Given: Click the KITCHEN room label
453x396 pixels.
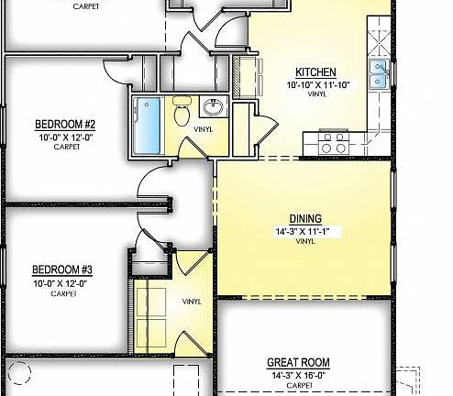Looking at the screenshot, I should (x=315, y=73).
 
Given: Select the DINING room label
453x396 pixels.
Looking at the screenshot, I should (x=304, y=218).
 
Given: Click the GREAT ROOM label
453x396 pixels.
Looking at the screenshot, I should (x=297, y=362).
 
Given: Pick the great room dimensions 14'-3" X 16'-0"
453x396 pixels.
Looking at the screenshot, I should (x=298, y=375).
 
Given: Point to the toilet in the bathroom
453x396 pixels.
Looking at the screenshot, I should (x=181, y=115).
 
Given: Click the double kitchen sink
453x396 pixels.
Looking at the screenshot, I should (x=378, y=77).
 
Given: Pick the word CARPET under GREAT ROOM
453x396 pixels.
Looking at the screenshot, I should (x=298, y=386).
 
